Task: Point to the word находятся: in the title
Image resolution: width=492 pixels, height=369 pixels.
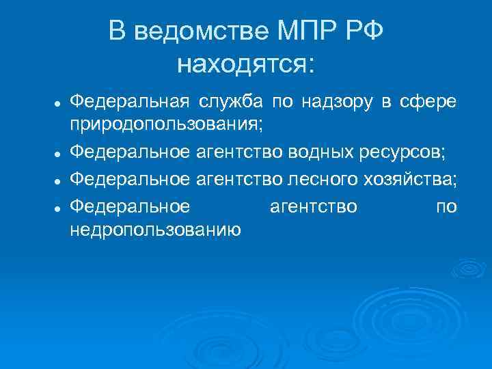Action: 246,64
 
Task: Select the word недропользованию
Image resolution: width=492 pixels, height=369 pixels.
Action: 155,230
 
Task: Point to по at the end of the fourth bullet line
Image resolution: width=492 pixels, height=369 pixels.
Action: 446,205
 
